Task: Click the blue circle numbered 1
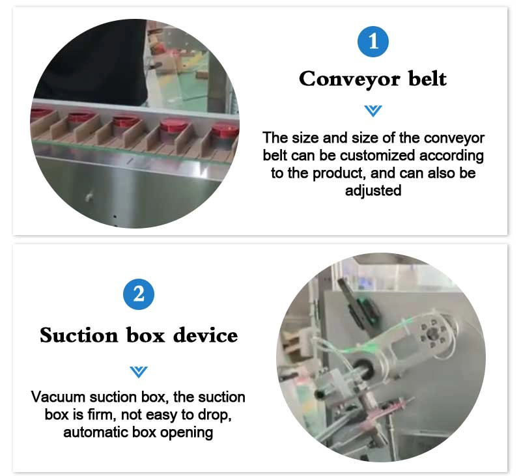coord(373,42)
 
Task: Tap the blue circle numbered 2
coord(139,294)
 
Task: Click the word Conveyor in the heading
coord(349,79)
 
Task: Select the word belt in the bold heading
coord(427,78)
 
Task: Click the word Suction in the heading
coord(79,335)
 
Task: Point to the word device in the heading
coord(206,335)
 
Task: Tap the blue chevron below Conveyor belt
coord(373,111)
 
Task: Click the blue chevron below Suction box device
coord(139,372)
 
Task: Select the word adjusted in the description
coord(373,191)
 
